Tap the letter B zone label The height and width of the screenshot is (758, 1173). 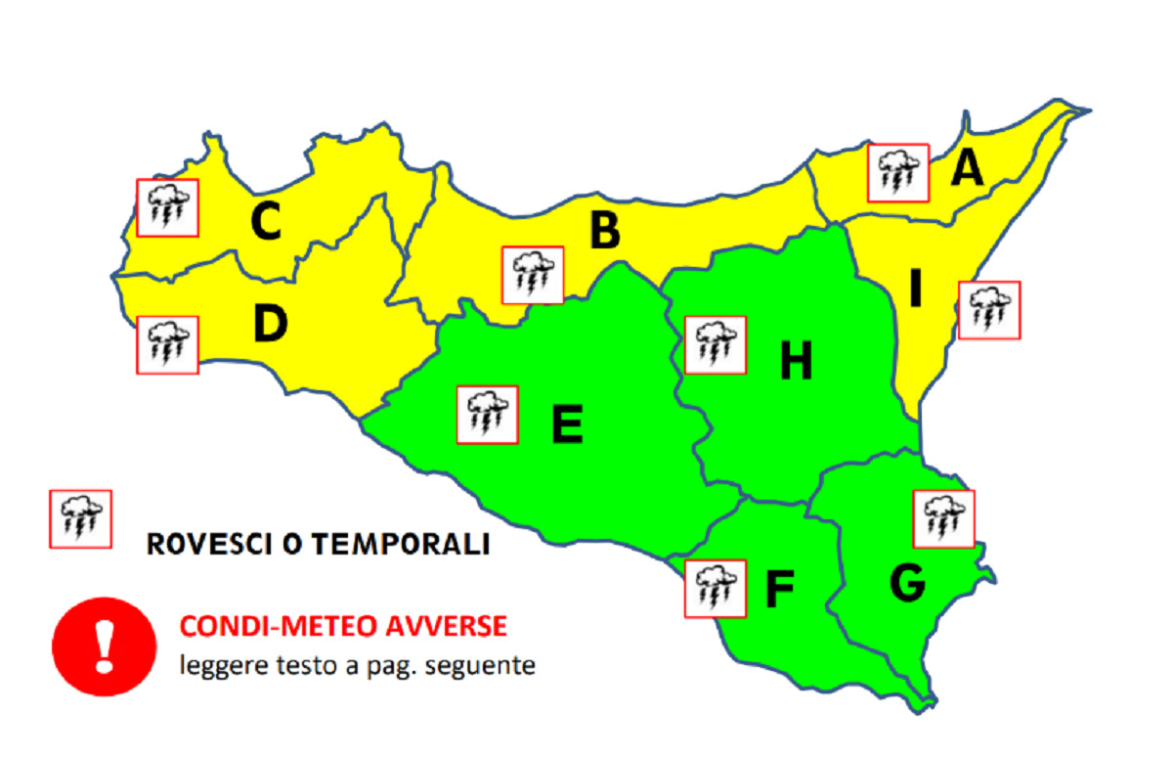tap(605, 232)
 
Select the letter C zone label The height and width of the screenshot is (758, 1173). tap(265, 222)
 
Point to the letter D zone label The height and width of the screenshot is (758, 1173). tap(269, 324)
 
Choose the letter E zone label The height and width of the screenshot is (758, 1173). tap(567, 424)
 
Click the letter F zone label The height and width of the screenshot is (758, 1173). tap(778, 589)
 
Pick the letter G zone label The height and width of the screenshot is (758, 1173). tap(907, 583)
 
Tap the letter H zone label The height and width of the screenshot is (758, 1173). tap(796, 363)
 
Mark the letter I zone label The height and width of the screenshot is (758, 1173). tap(915, 289)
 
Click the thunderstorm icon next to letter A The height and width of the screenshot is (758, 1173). tap(898, 173)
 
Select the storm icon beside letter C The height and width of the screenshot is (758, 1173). tap(167, 207)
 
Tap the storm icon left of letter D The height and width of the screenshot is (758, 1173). tap(167, 344)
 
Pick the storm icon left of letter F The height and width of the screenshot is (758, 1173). tap(715, 589)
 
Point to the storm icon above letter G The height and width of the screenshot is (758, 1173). tap(943, 518)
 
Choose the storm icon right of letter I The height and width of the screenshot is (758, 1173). tap(989, 310)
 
